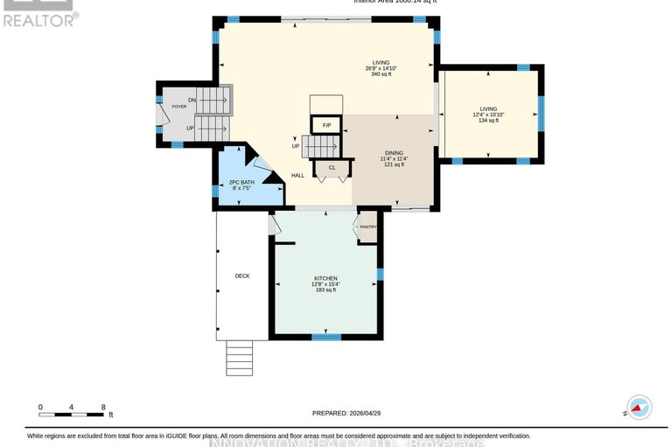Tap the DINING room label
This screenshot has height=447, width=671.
[x=393, y=153]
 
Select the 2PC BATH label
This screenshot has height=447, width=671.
[x=241, y=182]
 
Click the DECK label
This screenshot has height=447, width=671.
[x=242, y=276]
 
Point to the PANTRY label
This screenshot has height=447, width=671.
[x=367, y=227]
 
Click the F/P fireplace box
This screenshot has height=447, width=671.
[x=326, y=125]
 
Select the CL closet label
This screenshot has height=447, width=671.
[x=332, y=167]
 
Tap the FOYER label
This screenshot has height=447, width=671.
[x=178, y=106]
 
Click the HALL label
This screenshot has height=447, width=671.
[x=297, y=176]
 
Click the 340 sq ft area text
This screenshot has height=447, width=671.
[x=381, y=74]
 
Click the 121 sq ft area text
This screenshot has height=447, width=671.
[x=393, y=164]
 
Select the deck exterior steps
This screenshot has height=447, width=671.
[x=239, y=357]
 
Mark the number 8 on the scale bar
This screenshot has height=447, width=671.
[x=103, y=407]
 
